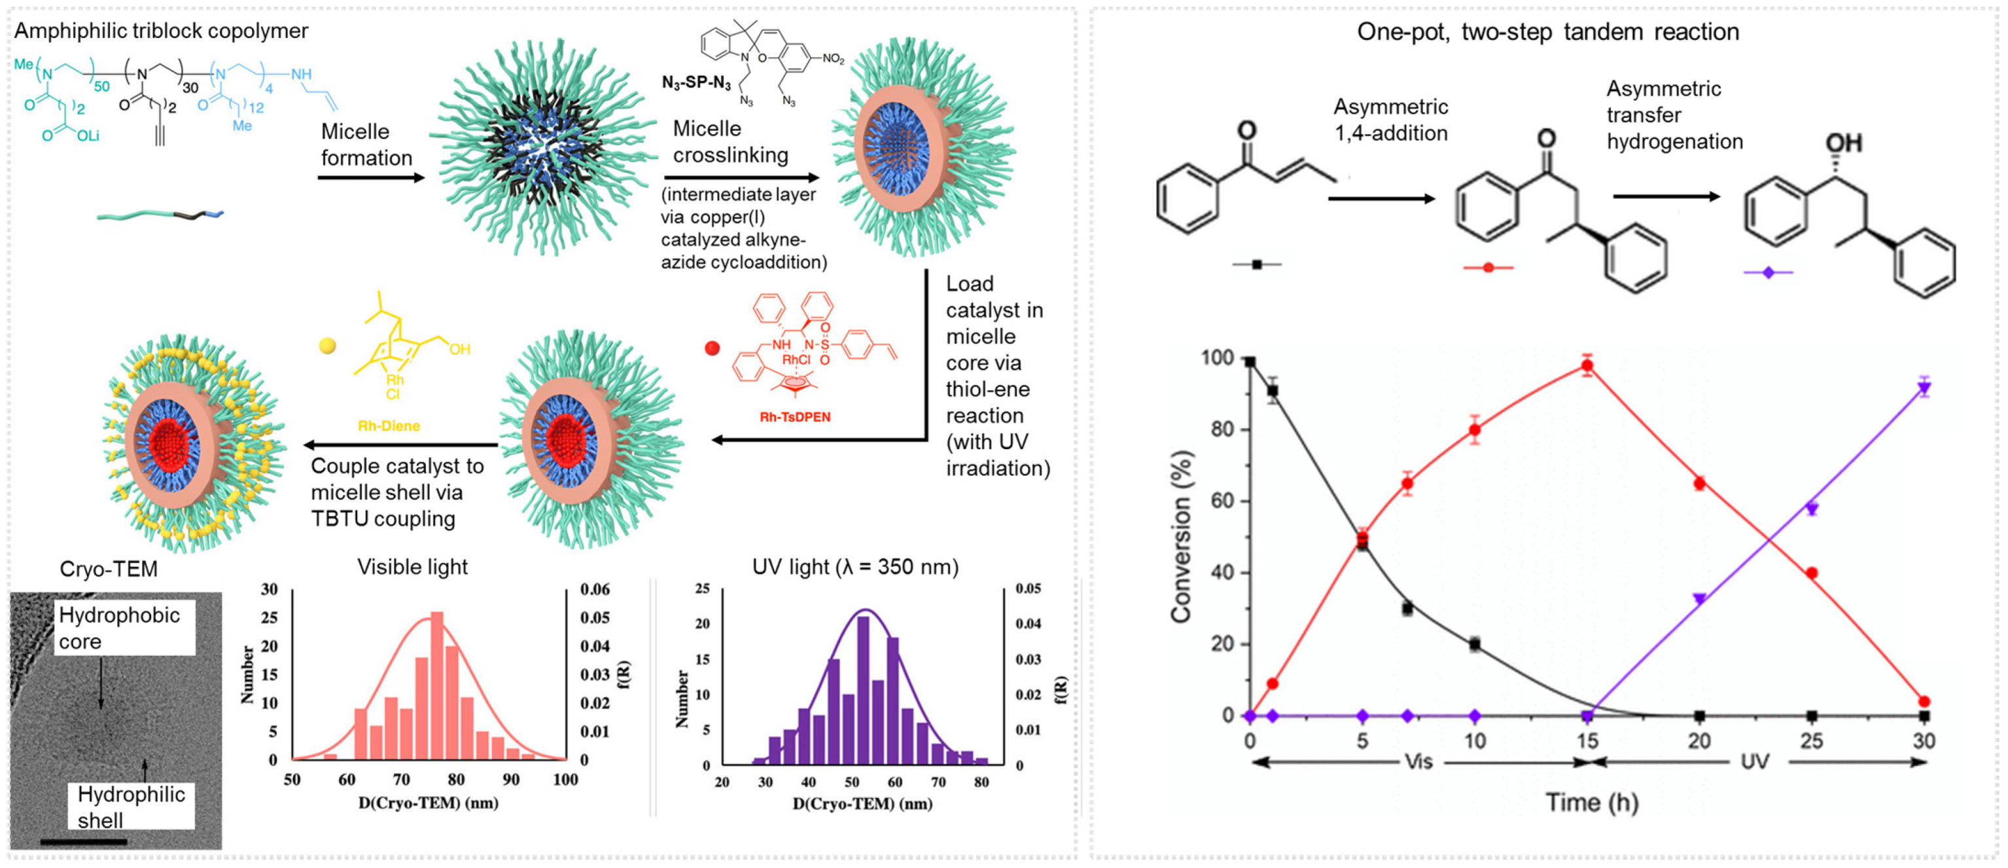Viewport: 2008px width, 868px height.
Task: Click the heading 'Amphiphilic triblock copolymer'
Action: pyautogui.click(x=162, y=31)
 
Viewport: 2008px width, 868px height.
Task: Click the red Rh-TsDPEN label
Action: pyautogui.click(x=794, y=417)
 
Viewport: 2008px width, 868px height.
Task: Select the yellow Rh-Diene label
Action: pyautogui.click(x=388, y=425)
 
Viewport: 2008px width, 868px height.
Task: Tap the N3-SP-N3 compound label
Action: pyautogui.click(x=696, y=82)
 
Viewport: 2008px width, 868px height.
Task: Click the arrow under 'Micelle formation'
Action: pyautogui.click(x=370, y=178)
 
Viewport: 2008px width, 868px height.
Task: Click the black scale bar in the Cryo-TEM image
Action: pyautogui.click(x=82, y=841)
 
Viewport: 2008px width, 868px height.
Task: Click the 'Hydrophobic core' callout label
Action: pyautogui.click(x=119, y=628)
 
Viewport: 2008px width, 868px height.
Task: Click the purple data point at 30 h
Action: pyautogui.click(x=1924, y=388)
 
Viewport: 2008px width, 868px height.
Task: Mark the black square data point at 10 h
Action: pyautogui.click(x=1474, y=644)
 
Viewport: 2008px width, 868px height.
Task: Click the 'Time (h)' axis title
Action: pyautogui.click(x=1591, y=803)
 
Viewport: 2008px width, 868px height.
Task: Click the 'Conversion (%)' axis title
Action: pyautogui.click(x=1181, y=537)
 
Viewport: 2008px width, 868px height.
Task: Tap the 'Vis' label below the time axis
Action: pyautogui.click(x=1418, y=761)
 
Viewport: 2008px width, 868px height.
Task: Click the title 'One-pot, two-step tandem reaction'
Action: pyautogui.click(x=1547, y=32)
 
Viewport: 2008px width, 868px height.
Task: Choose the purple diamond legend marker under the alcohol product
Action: pyautogui.click(x=1767, y=272)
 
